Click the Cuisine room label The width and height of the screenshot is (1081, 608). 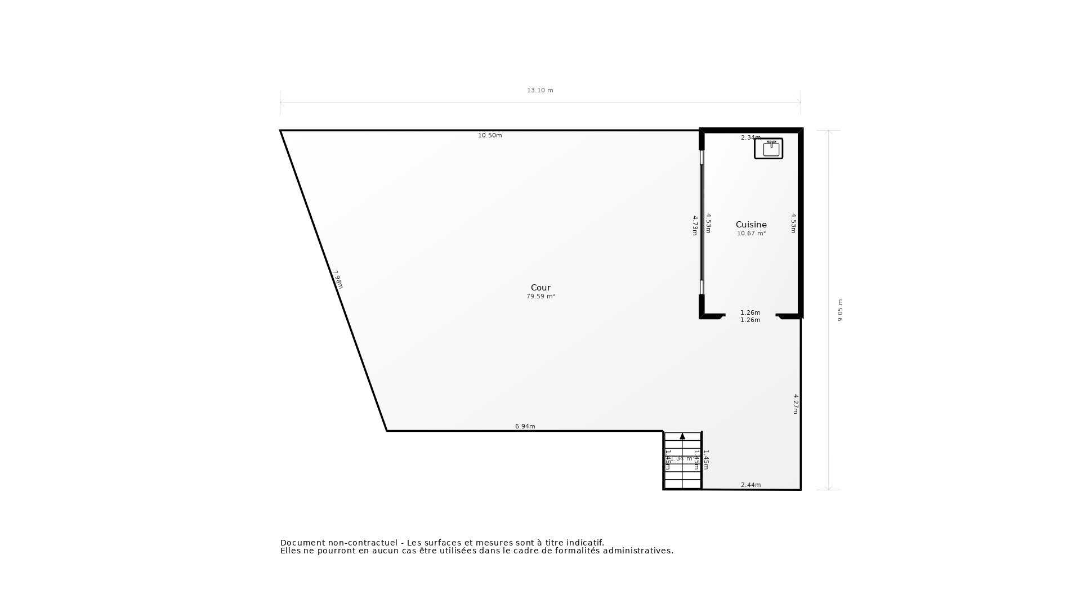(751, 225)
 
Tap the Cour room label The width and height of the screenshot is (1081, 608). (540, 288)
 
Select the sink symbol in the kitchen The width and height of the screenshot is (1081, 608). (769, 149)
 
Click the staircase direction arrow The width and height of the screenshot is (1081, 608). (682, 436)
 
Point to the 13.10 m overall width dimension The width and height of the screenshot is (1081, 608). (540, 90)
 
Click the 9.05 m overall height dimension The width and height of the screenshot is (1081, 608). (840, 310)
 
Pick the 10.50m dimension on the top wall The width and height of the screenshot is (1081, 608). (490, 135)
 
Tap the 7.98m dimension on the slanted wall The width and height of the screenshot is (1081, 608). (338, 279)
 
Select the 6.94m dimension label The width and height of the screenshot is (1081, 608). (525, 426)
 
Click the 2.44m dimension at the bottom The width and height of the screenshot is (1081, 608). (751, 485)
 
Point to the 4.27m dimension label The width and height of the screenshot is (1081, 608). (796, 404)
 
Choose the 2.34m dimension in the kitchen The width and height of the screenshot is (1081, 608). (751, 137)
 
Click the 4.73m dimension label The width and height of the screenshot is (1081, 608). (695, 225)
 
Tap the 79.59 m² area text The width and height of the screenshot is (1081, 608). (540, 297)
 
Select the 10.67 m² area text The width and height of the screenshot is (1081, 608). (751, 234)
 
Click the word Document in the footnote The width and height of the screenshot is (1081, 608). (303, 543)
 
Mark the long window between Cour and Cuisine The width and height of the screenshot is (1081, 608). (702, 222)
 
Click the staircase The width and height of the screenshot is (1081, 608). (682, 467)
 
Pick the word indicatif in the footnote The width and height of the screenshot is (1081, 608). (583, 543)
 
